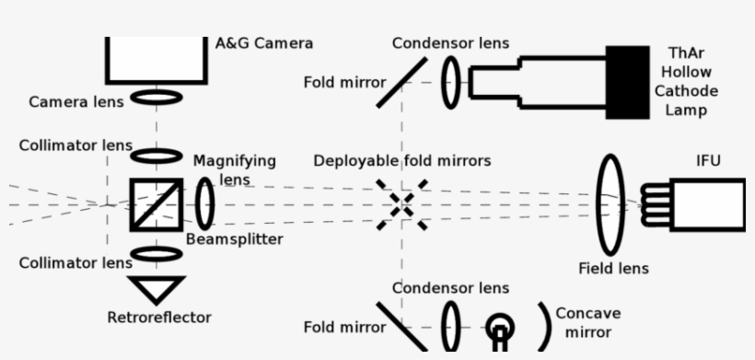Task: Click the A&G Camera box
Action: (156, 59)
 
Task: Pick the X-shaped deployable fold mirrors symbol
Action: (401, 203)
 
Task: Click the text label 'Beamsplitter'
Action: (234, 239)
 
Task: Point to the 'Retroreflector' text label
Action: (159, 318)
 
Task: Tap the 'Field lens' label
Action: (613, 269)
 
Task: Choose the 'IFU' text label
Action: (709, 162)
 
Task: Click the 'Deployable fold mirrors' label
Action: (401, 161)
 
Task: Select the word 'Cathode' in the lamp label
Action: (686, 91)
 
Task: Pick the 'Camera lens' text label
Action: (75, 101)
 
